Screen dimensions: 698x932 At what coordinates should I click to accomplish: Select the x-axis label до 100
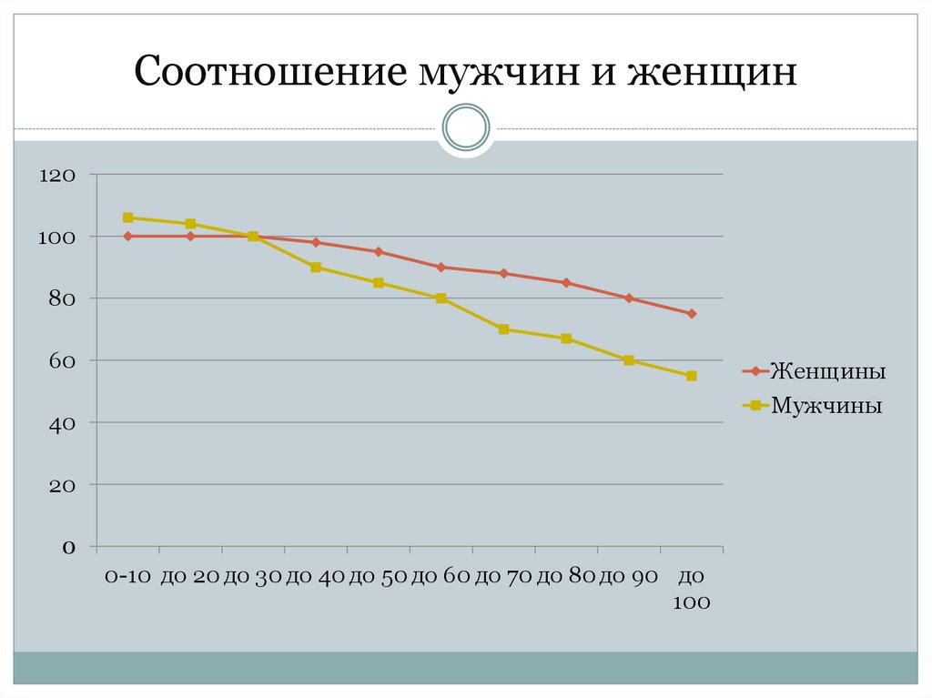692,589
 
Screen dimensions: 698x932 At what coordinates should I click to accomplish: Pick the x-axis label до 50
379,576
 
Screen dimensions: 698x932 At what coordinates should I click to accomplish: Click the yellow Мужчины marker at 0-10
128,217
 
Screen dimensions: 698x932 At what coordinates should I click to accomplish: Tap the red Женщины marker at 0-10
128,237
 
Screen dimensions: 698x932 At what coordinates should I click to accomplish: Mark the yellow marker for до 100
692,376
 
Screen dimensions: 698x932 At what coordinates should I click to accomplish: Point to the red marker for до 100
692,314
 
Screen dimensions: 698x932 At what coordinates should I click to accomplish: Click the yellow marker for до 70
503,329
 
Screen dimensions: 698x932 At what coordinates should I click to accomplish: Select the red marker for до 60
441,268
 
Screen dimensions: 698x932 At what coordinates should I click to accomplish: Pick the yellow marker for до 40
316,268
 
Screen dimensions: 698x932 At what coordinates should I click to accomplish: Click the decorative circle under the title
466,126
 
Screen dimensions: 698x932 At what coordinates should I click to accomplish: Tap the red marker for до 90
629,298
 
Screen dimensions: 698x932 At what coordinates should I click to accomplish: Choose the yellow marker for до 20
191,224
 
